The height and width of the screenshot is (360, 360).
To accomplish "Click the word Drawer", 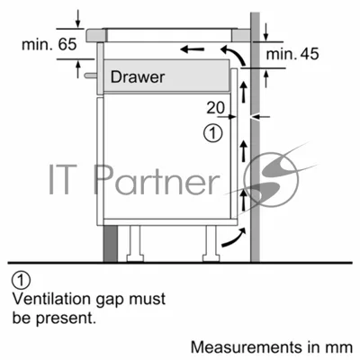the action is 138,77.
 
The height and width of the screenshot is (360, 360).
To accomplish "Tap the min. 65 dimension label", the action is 49,44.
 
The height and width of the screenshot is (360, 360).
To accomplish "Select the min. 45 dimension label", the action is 292,54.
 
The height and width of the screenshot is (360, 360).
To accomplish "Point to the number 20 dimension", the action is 215,108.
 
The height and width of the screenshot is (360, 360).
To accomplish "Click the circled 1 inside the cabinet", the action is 213,133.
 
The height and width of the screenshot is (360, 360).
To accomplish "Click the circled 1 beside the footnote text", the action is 21,281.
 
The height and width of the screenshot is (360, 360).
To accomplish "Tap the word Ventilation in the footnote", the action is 51,299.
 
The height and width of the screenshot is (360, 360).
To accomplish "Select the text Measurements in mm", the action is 272,347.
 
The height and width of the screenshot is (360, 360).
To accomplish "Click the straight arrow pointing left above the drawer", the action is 193,49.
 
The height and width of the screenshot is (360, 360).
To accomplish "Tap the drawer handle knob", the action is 90,76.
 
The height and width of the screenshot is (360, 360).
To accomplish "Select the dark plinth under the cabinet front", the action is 111,244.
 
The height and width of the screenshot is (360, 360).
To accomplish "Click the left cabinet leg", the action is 135,244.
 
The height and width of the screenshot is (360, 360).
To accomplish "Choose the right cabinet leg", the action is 211,244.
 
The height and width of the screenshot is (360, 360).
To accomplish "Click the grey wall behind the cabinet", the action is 255,137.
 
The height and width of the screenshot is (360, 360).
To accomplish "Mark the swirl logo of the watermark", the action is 272,179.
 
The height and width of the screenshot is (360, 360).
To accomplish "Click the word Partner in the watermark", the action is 155,180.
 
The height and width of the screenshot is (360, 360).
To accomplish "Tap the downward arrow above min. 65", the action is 78,19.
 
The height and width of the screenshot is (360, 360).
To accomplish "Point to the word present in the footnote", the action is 66,319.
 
